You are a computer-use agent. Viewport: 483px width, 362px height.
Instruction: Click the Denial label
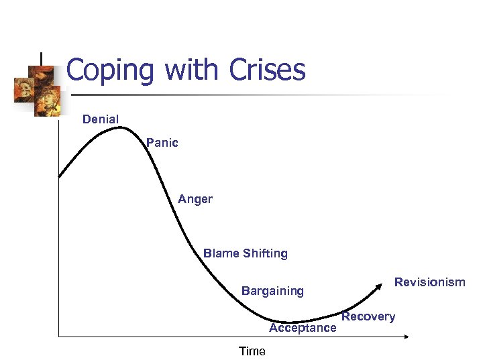click(x=101, y=119)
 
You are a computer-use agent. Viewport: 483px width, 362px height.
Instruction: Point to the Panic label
click(x=162, y=143)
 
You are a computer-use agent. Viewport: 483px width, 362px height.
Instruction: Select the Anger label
click(x=195, y=199)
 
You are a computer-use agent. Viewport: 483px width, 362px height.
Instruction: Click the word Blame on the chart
click(x=221, y=253)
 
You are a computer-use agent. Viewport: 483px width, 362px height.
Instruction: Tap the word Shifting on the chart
click(x=266, y=253)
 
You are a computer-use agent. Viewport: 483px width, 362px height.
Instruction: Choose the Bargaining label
click(x=272, y=291)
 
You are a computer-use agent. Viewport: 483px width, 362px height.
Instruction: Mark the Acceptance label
click(x=303, y=328)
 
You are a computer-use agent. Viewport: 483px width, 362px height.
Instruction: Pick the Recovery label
click(x=368, y=316)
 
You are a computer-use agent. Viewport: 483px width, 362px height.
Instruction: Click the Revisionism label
click(x=429, y=282)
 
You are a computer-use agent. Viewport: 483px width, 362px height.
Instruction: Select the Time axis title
click(x=252, y=351)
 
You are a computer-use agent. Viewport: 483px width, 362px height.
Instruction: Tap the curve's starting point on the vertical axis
click(x=59, y=177)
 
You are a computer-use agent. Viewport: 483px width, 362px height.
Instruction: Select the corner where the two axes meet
click(x=59, y=335)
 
